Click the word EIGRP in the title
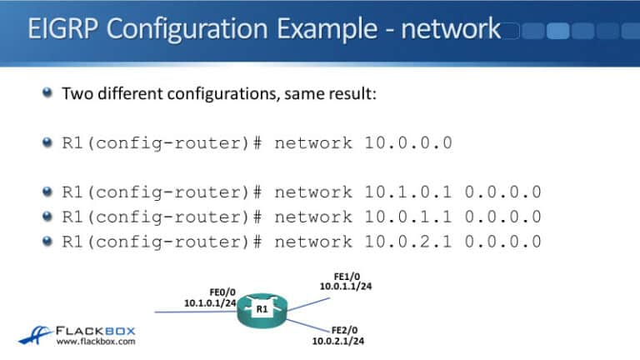67,29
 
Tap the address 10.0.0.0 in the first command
407,142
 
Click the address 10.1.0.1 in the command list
407,192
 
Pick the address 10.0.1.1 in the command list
407,217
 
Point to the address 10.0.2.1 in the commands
407,242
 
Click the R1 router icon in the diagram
261,312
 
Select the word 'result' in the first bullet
353,93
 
